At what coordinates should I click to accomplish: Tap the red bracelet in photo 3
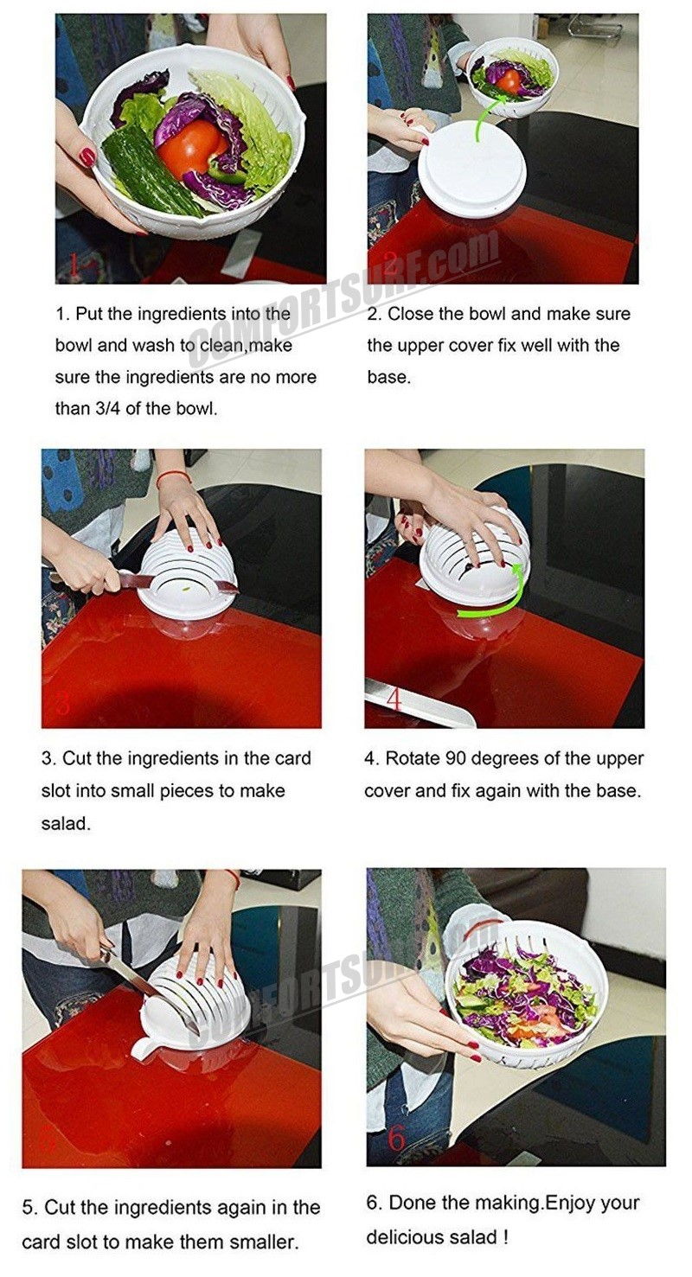tap(172, 476)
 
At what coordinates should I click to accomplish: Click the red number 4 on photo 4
tap(394, 699)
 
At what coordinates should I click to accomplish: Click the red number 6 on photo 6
tap(396, 1140)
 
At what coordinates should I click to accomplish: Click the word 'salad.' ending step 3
tap(66, 824)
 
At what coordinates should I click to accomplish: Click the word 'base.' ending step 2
tap(388, 378)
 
